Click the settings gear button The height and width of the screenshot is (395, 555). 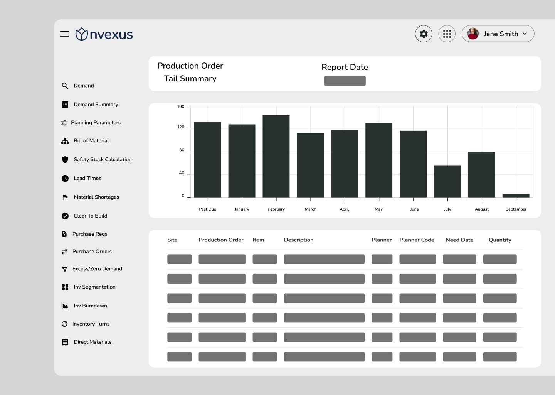[x=424, y=34]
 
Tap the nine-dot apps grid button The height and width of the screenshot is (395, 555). [x=447, y=34]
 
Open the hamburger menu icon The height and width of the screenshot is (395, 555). [x=64, y=34]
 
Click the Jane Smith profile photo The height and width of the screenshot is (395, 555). [x=473, y=34]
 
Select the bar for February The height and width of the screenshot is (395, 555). [x=276, y=157]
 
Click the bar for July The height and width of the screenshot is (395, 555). [x=447, y=182]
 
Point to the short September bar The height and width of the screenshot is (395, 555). [x=516, y=196]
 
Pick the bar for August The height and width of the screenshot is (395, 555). [x=482, y=175]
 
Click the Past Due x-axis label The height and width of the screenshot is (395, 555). [x=207, y=209]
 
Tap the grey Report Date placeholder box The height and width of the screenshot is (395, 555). [x=345, y=81]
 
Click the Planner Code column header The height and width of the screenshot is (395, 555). [x=417, y=240]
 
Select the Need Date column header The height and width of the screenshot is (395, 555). [x=459, y=240]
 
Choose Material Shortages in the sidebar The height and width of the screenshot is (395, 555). [x=96, y=197]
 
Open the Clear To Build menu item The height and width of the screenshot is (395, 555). [x=91, y=216]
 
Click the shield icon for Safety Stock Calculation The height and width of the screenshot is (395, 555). [x=65, y=159]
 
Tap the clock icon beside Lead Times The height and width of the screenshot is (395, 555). [x=65, y=178]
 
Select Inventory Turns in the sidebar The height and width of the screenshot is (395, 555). [x=91, y=324]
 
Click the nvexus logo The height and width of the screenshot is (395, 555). [x=104, y=34]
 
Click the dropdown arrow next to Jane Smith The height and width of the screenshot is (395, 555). [x=525, y=34]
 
